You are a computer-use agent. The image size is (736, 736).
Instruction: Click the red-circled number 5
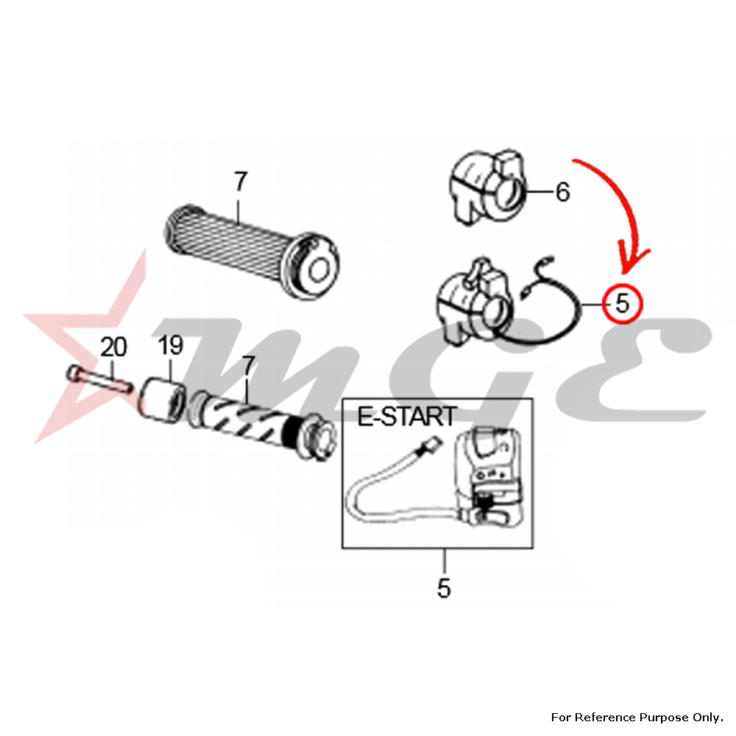[622, 304]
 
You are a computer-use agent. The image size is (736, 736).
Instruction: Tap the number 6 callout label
[562, 192]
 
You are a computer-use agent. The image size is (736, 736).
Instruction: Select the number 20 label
[113, 347]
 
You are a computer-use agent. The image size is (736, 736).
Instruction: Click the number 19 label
[170, 345]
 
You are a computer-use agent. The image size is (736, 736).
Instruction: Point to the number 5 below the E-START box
[444, 588]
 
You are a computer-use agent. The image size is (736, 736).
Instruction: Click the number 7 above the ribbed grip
[240, 182]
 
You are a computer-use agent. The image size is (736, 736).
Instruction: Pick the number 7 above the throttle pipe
[248, 366]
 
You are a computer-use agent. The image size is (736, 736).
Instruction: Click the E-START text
[406, 416]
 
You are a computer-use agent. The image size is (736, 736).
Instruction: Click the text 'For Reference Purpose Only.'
[637, 717]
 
